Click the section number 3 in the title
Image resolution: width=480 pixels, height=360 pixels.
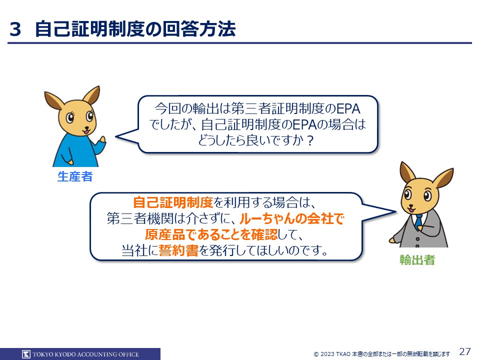[15, 29]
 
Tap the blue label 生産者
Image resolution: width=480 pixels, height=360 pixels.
[75, 176]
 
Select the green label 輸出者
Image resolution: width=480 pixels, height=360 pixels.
[417, 260]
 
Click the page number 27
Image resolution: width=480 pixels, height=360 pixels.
[465, 351]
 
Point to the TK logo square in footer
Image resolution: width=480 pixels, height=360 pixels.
[26, 354]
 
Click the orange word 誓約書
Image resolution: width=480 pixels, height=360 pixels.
[179, 250]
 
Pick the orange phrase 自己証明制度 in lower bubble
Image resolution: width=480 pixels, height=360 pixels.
[173, 202]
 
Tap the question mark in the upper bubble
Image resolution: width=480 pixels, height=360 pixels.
[310, 141]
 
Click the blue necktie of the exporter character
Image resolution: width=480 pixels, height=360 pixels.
[418, 221]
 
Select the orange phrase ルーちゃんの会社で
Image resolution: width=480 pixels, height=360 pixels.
[291, 218]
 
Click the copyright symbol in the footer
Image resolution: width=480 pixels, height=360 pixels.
[316, 354]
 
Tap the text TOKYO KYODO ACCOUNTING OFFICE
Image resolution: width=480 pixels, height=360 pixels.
[85, 354]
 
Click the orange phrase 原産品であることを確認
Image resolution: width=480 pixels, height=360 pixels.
[211, 234]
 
